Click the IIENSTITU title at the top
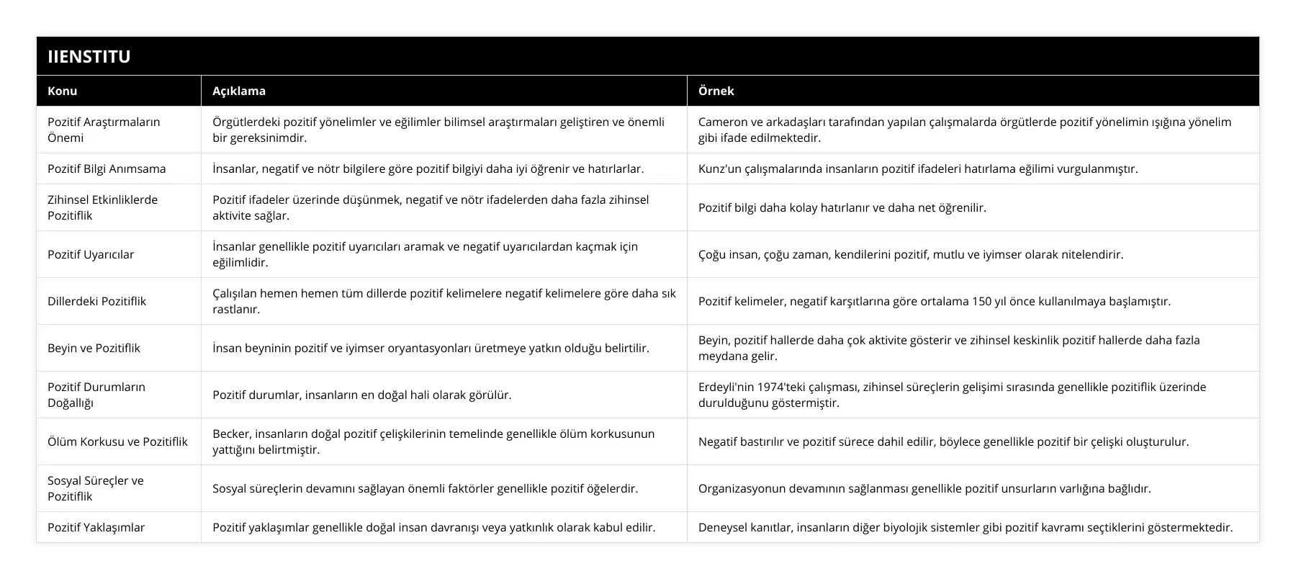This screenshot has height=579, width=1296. tap(89, 56)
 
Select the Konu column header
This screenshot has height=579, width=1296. tap(63, 91)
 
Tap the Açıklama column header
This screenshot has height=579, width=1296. tap(239, 91)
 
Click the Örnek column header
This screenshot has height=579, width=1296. tap(716, 91)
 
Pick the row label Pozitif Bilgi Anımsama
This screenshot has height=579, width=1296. tap(107, 169)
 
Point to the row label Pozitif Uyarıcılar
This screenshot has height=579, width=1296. tap(91, 254)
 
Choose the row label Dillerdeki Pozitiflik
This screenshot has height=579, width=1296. tap(96, 301)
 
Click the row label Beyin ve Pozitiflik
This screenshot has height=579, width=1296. tap(94, 348)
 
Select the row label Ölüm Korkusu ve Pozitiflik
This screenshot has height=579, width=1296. tap(117, 441)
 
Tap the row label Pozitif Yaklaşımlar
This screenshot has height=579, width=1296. tap(96, 527)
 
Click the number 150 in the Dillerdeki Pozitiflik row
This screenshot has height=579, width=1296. tap(982, 301)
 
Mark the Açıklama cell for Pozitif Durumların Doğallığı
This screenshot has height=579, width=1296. tap(362, 395)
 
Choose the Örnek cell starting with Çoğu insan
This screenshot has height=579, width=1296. tap(910, 254)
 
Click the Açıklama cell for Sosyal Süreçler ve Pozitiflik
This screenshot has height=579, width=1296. tap(425, 488)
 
